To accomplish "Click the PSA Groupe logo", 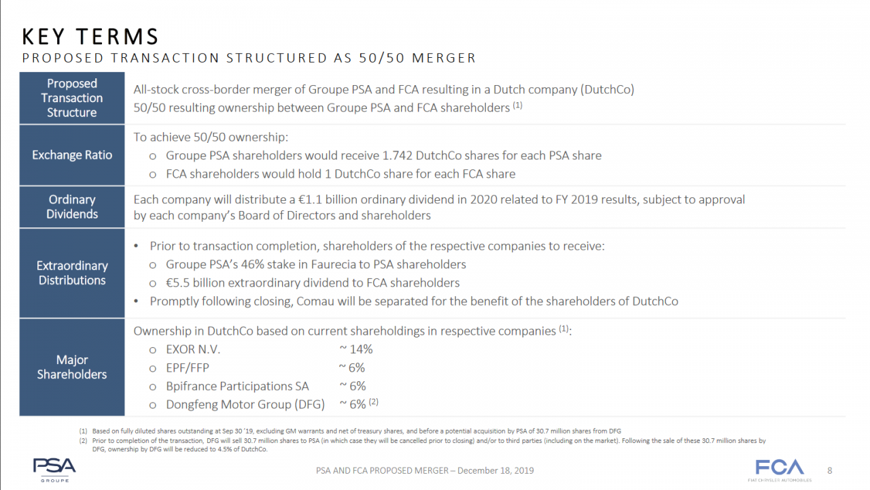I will (x=54, y=469).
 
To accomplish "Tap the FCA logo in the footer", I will (x=780, y=469).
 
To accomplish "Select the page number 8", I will (x=830, y=470).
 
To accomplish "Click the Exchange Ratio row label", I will (x=72, y=155).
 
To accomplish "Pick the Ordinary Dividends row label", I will (x=72, y=207).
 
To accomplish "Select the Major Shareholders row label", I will (x=72, y=367).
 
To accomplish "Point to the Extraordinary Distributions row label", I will (x=72, y=273).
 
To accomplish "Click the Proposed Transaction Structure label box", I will (x=72, y=98).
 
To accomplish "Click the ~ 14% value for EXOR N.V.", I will (x=355, y=349).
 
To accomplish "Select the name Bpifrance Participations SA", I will (x=237, y=386).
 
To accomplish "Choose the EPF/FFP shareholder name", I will (x=188, y=367).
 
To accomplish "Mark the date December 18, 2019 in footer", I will (x=495, y=470).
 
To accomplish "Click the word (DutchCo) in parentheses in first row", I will (x=606, y=90).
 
